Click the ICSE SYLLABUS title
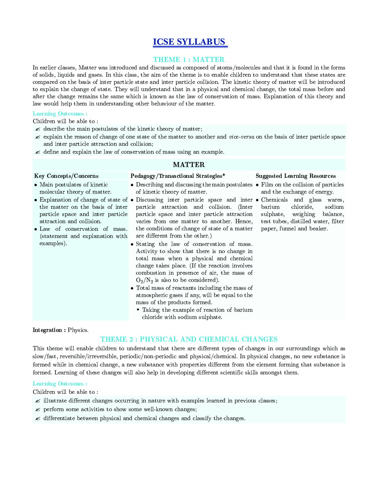click(x=189, y=42)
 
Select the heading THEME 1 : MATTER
click(x=189, y=59)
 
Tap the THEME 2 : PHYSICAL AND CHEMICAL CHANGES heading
click(x=189, y=339)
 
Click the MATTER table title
click(x=189, y=165)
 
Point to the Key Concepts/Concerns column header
click(x=66, y=176)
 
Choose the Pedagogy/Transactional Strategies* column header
click(x=178, y=176)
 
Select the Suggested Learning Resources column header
click(x=296, y=176)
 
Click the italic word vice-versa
click(x=241, y=137)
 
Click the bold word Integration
click(x=47, y=330)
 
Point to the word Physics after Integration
click(x=78, y=330)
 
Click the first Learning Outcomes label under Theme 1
click(x=60, y=113)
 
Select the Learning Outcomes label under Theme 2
click(x=60, y=383)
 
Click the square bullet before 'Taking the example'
click(x=138, y=309)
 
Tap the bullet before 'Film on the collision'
click(x=258, y=185)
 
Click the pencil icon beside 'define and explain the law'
click(x=37, y=152)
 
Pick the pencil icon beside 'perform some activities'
click(x=37, y=410)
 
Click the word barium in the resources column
click(x=270, y=207)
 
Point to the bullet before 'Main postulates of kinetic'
click(x=36, y=185)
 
